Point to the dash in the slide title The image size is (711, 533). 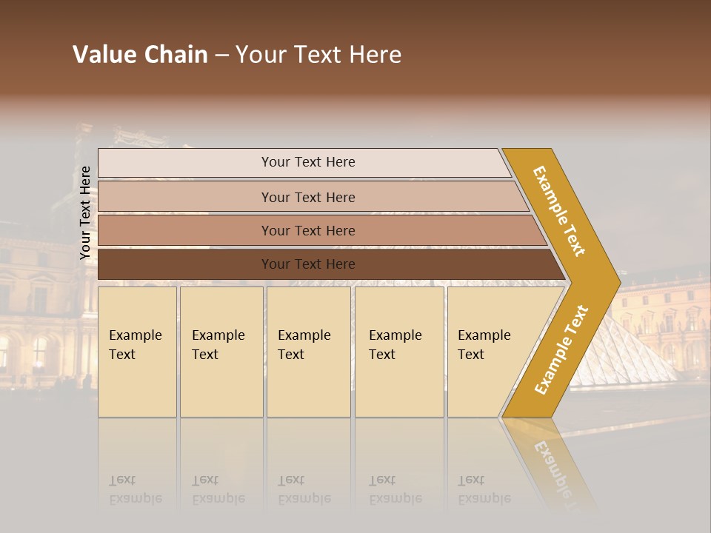(x=221, y=56)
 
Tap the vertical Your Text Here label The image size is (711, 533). (x=85, y=213)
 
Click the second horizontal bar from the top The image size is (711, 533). (x=308, y=197)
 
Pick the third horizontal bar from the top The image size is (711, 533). (x=308, y=230)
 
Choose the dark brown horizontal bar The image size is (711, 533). (x=308, y=264)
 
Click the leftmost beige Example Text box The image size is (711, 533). (x=137, y=352)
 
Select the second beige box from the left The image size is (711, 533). (x=221, y=352)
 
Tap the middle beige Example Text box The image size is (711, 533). (x=308, y=352)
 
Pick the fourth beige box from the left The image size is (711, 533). (x=398, y=352)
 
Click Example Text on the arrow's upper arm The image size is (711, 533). (x=560, y=210)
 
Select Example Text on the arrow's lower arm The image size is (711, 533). (x=561, y=349)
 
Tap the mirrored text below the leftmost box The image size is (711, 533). (x=136, y=489)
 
